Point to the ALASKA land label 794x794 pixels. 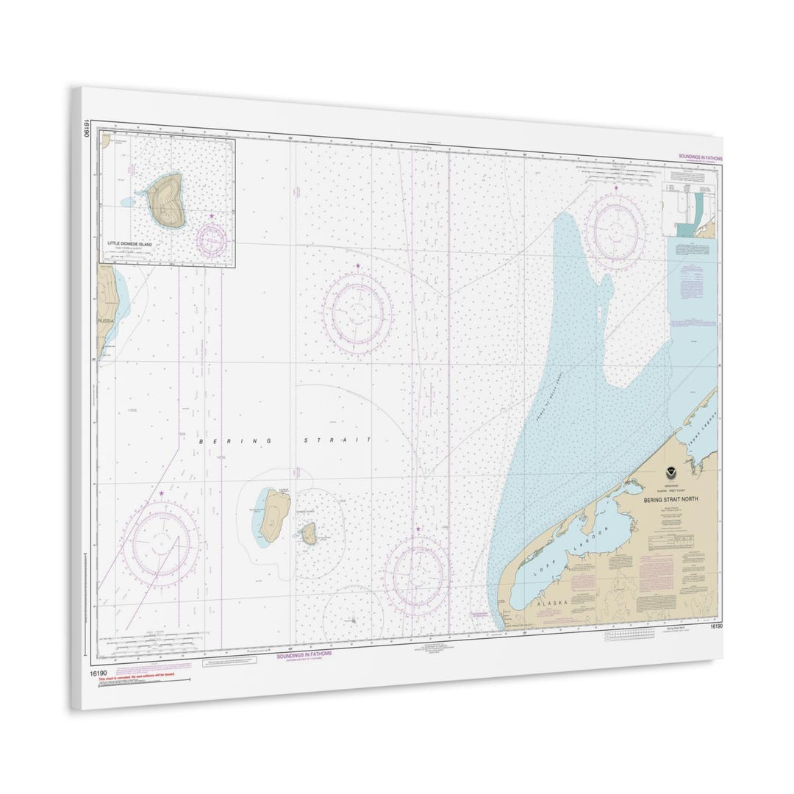pyautogui.click(x=552, y=602)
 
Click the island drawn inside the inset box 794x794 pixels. pyautogui.click(x=166, y=201)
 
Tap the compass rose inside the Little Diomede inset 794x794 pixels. pyautogui.click(x=211, y=237)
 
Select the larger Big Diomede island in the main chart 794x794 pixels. pyautogui.click(x=273, y=514)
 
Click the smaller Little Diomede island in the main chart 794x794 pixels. pyautogui.click(x=310, y=533)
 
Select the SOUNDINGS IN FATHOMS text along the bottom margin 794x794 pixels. pyautogui.click(x=304, y=653)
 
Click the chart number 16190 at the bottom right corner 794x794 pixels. pyautogui.click(x=715, y=626)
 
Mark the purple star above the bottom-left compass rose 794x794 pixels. pyautogui.click(x=161, y=493)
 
